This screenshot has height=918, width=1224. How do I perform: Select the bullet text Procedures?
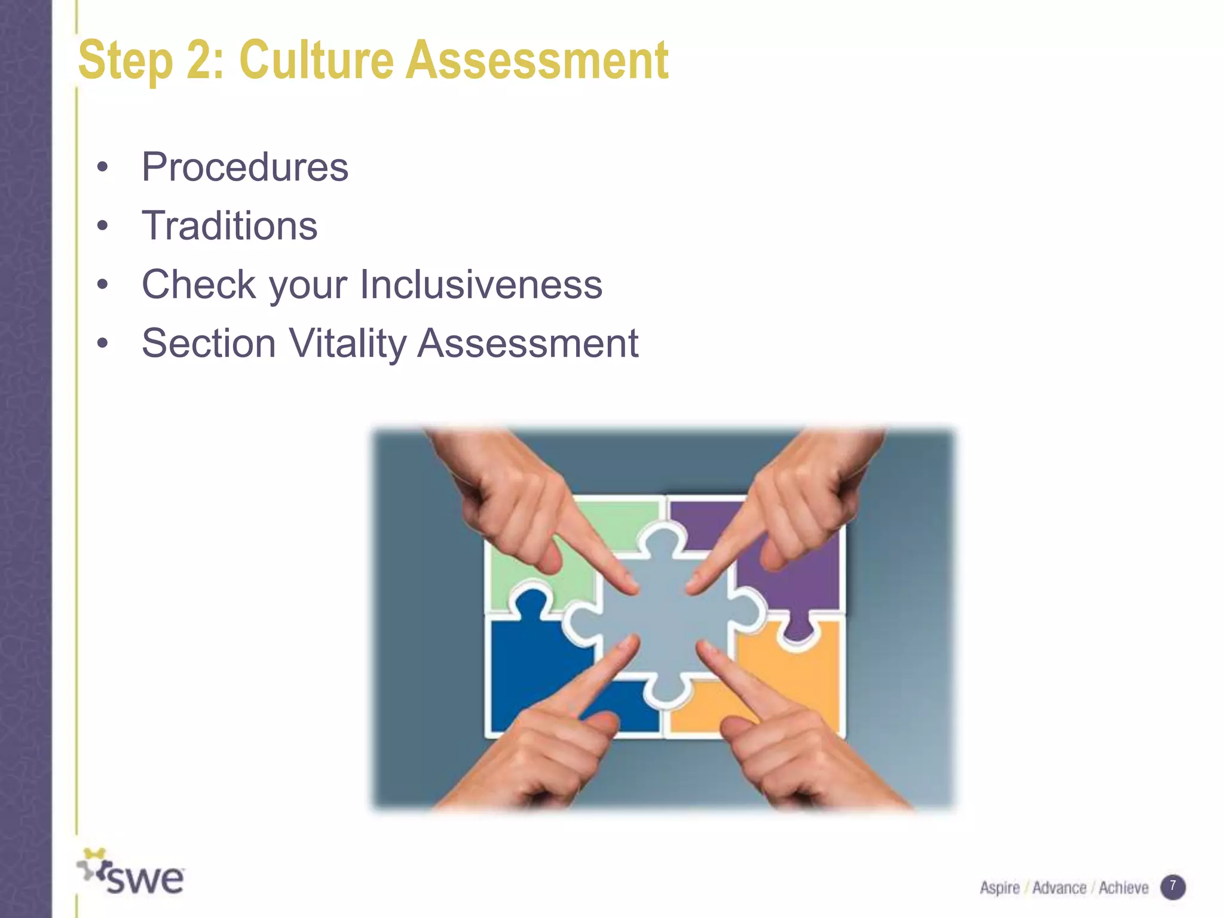point(244,167)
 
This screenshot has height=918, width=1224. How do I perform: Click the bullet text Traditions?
point(229,226)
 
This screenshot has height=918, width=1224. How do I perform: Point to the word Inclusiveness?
point(481,284)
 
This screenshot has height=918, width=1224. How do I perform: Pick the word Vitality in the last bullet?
point(347,344)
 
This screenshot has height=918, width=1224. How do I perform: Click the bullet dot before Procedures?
point(103,167)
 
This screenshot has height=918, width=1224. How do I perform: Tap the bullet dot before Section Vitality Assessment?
point(103,344)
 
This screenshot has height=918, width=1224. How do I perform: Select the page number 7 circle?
point(1173,887)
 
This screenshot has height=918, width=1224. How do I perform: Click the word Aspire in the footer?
point(999,888)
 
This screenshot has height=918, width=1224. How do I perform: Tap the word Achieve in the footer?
point(1124,888)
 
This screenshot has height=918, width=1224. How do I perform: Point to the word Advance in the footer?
point(1059,888)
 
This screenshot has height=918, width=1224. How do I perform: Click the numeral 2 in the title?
point(199,60)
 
